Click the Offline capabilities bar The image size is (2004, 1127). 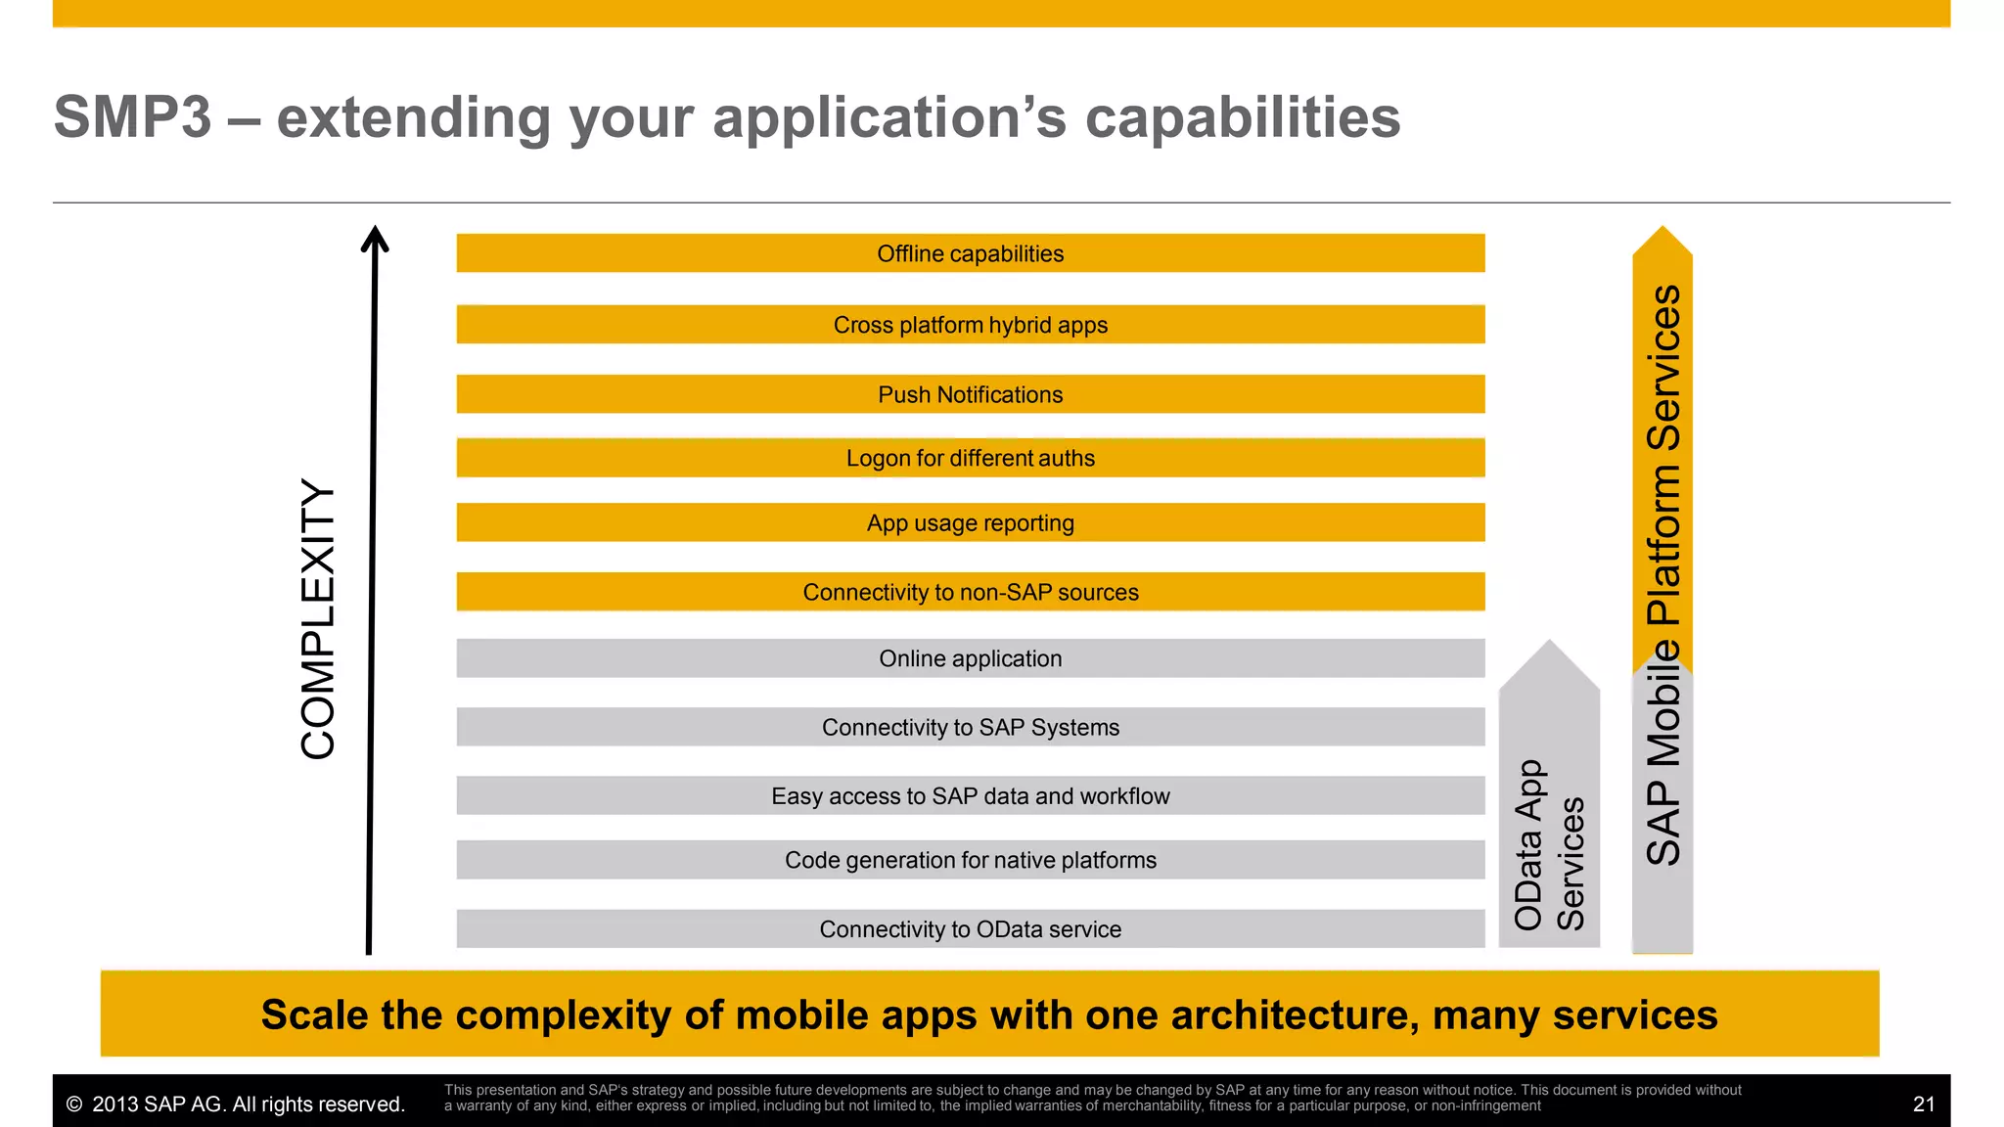point(970,253)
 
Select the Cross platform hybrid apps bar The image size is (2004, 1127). point(970,325)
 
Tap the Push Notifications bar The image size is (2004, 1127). point(970,394)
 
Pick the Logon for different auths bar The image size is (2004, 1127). point(970,458)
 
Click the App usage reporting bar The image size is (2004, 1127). point(970,523)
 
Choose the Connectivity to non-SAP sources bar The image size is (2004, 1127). point(970,592)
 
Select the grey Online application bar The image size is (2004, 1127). point(970,658)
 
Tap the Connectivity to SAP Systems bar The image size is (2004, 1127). point(970,727)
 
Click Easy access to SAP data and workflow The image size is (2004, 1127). point(970,796)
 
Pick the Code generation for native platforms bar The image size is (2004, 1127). point(970,860)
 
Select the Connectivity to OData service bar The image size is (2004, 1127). point(970,929)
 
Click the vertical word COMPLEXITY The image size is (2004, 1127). point(318,618)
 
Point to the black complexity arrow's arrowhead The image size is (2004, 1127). point(375,238)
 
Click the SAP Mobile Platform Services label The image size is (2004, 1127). point(1662,574)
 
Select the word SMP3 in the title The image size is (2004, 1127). point(132,117)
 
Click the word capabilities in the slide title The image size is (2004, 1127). point(1243,117)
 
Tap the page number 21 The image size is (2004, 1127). point(1923,1104)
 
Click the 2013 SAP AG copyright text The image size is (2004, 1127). point(236,1104)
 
